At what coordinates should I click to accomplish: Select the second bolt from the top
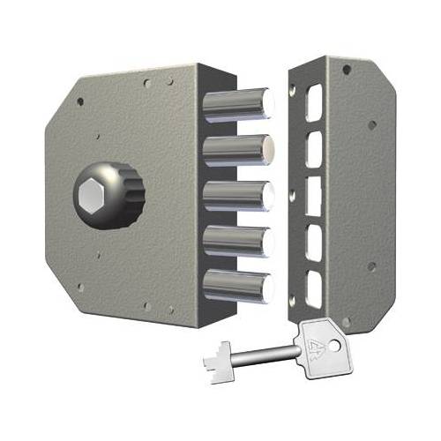[238, 148]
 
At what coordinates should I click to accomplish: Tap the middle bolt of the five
[238, 195]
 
